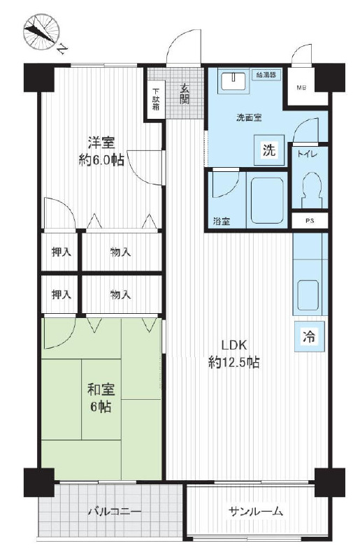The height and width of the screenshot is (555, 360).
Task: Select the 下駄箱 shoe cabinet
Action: pos(155,100)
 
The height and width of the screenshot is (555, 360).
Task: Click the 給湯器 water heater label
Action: pos(267,75)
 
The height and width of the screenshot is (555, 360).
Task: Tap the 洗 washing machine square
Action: pos(269,150)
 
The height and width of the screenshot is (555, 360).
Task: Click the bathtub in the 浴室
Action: pos(266,201)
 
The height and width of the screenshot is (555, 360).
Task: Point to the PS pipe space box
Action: pos(310,220)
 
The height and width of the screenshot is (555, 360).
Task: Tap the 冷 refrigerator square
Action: pos(310,336)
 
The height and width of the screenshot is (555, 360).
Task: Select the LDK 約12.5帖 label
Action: pos(234,354)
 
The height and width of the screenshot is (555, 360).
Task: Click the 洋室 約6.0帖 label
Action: pos(101,152)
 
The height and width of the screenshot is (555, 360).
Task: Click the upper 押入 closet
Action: pos(62,252)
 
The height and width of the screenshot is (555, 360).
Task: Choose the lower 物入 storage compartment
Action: pos(122,294)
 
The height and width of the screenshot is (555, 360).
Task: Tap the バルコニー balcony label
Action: pos(115,512)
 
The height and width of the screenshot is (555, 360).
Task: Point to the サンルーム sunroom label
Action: pos(256,512)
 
